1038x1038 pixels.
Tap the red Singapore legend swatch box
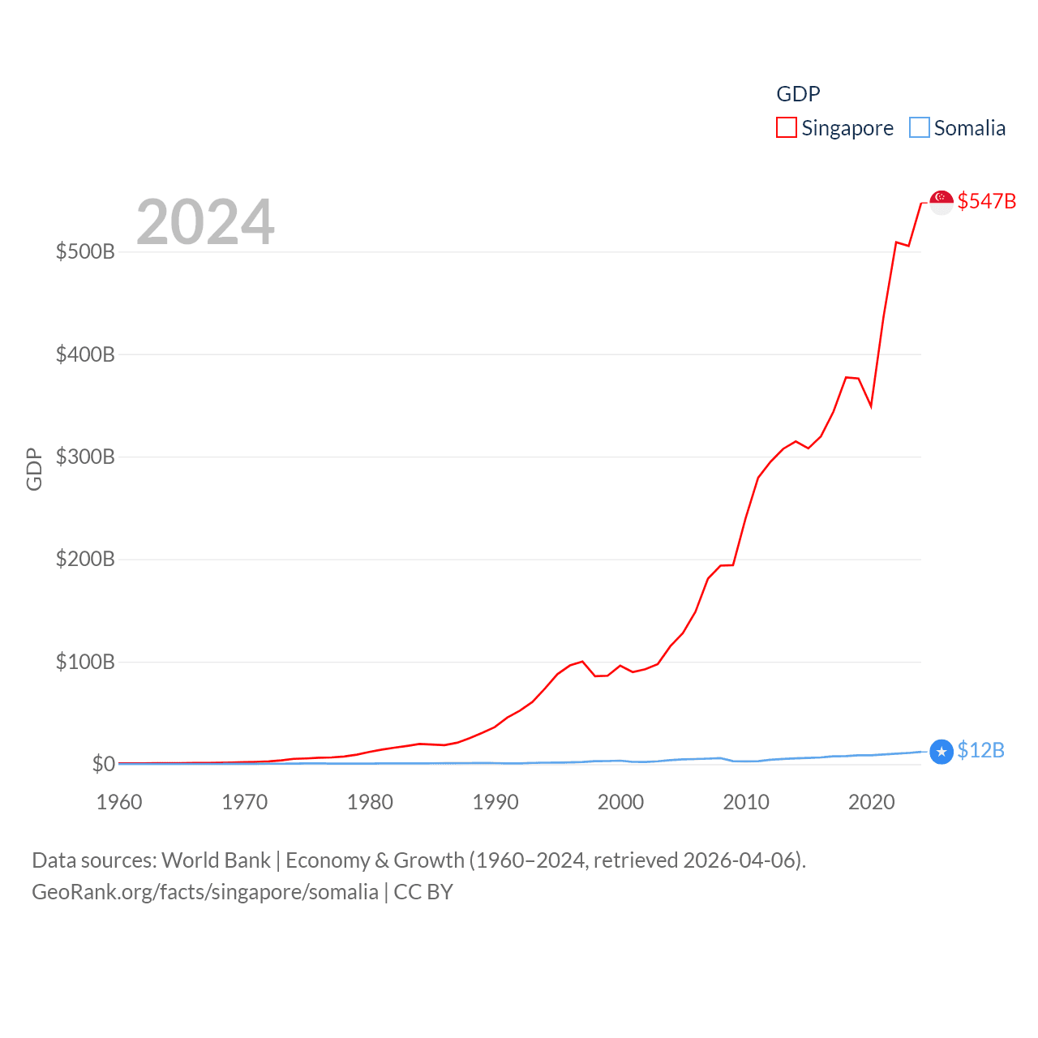787,128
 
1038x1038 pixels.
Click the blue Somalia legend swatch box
919,128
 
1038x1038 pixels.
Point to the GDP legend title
798,94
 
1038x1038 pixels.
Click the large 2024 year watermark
205,221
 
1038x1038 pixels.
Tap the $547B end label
986,201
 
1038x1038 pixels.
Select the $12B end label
980,750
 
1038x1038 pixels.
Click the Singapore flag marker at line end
941,201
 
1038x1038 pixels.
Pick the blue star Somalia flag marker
941,752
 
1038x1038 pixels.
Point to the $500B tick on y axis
85,251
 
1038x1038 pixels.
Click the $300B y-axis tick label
85,457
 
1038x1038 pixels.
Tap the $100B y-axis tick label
85,662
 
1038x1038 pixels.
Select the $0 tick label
104,764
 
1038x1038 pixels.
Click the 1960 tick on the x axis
119,802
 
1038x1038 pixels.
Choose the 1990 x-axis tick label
495,802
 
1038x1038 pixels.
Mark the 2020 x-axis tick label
872,802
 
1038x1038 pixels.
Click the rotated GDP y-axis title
34,469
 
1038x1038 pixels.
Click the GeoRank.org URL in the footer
205,892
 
